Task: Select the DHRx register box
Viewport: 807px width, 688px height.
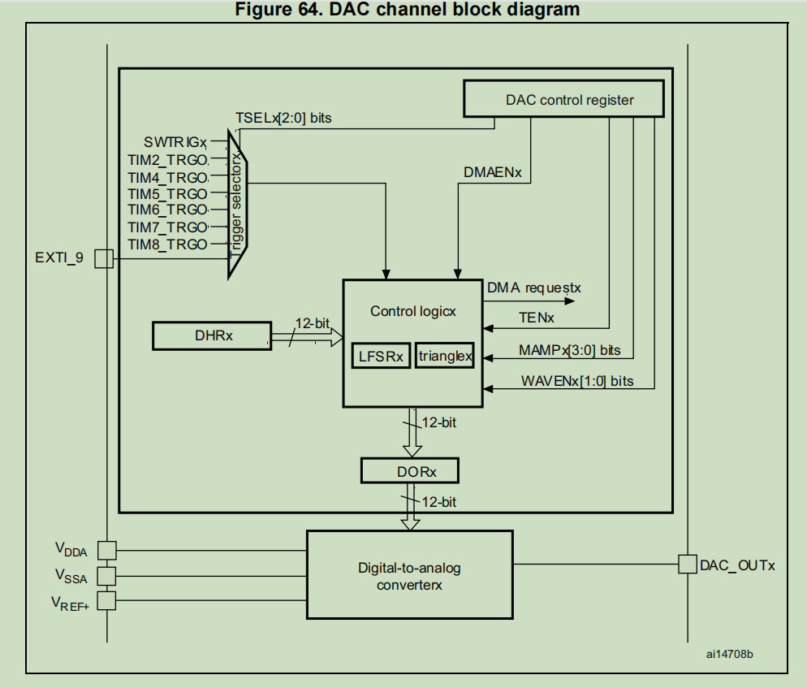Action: click(x=212, y=335)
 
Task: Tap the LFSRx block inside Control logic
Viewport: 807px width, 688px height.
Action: click(x=382, y=357)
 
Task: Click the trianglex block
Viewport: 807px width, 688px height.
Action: click(x=444, y=355)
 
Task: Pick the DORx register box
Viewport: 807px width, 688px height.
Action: click(x=410, y=471)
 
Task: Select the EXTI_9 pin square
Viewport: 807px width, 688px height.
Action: click(x=103, y=259)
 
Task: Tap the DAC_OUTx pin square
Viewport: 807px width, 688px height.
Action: click(x=687, y=564)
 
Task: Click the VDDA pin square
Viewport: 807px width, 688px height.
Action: click(x=106, y=550)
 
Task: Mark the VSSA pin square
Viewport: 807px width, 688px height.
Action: click(x=106, y=576)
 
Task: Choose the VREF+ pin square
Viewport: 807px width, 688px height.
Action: click(x=106, y=602)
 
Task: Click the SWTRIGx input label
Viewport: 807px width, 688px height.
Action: click(x=175, y=142)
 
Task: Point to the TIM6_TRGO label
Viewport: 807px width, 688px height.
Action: click(x=167, y=210)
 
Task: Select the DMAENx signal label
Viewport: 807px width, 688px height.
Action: click(x=491, y=172)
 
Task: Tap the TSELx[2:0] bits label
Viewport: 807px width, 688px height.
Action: click(x=283, y=118)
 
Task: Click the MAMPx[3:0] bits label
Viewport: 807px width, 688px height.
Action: click(x=569, y=350)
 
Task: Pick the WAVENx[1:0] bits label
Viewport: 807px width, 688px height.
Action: click(x=576, y=380)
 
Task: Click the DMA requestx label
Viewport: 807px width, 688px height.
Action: click(x=533, y=288)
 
